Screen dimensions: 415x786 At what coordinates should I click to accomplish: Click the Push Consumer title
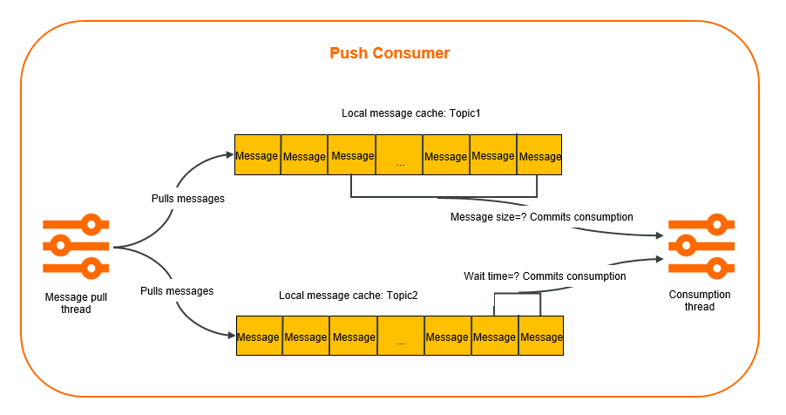coord(390,53)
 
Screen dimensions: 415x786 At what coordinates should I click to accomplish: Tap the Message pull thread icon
coord(76,247)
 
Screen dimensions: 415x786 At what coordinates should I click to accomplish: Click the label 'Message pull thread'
coord(76,303)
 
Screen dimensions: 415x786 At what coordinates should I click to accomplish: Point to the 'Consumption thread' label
coord(700,301)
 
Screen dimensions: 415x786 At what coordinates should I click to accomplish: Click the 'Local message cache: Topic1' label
coord(399,113)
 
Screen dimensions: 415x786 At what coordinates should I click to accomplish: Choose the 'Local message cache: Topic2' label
coord(349,296)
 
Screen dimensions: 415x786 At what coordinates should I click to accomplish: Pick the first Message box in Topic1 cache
coord(257,156)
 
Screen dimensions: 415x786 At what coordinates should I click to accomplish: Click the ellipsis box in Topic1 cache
coord(399,156)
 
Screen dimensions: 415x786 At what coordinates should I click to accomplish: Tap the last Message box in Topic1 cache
coord(539,156)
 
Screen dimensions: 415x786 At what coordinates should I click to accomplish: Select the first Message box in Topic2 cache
coord(258,337)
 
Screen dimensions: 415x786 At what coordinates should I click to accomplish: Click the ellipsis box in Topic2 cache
coord(401,337)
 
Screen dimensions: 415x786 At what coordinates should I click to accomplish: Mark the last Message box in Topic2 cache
coord(541,337)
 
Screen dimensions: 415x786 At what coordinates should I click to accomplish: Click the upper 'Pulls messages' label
coord(188,199)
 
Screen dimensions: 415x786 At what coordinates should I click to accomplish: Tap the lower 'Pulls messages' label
coord(177,290)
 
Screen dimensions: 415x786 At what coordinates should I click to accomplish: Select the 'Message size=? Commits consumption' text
coord(541,216)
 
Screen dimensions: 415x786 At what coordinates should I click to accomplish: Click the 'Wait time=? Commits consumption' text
coord(545,276)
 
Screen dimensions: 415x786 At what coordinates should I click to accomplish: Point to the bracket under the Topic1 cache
coord(444,196)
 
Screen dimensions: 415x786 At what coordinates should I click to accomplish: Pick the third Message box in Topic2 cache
coord(353,337)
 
